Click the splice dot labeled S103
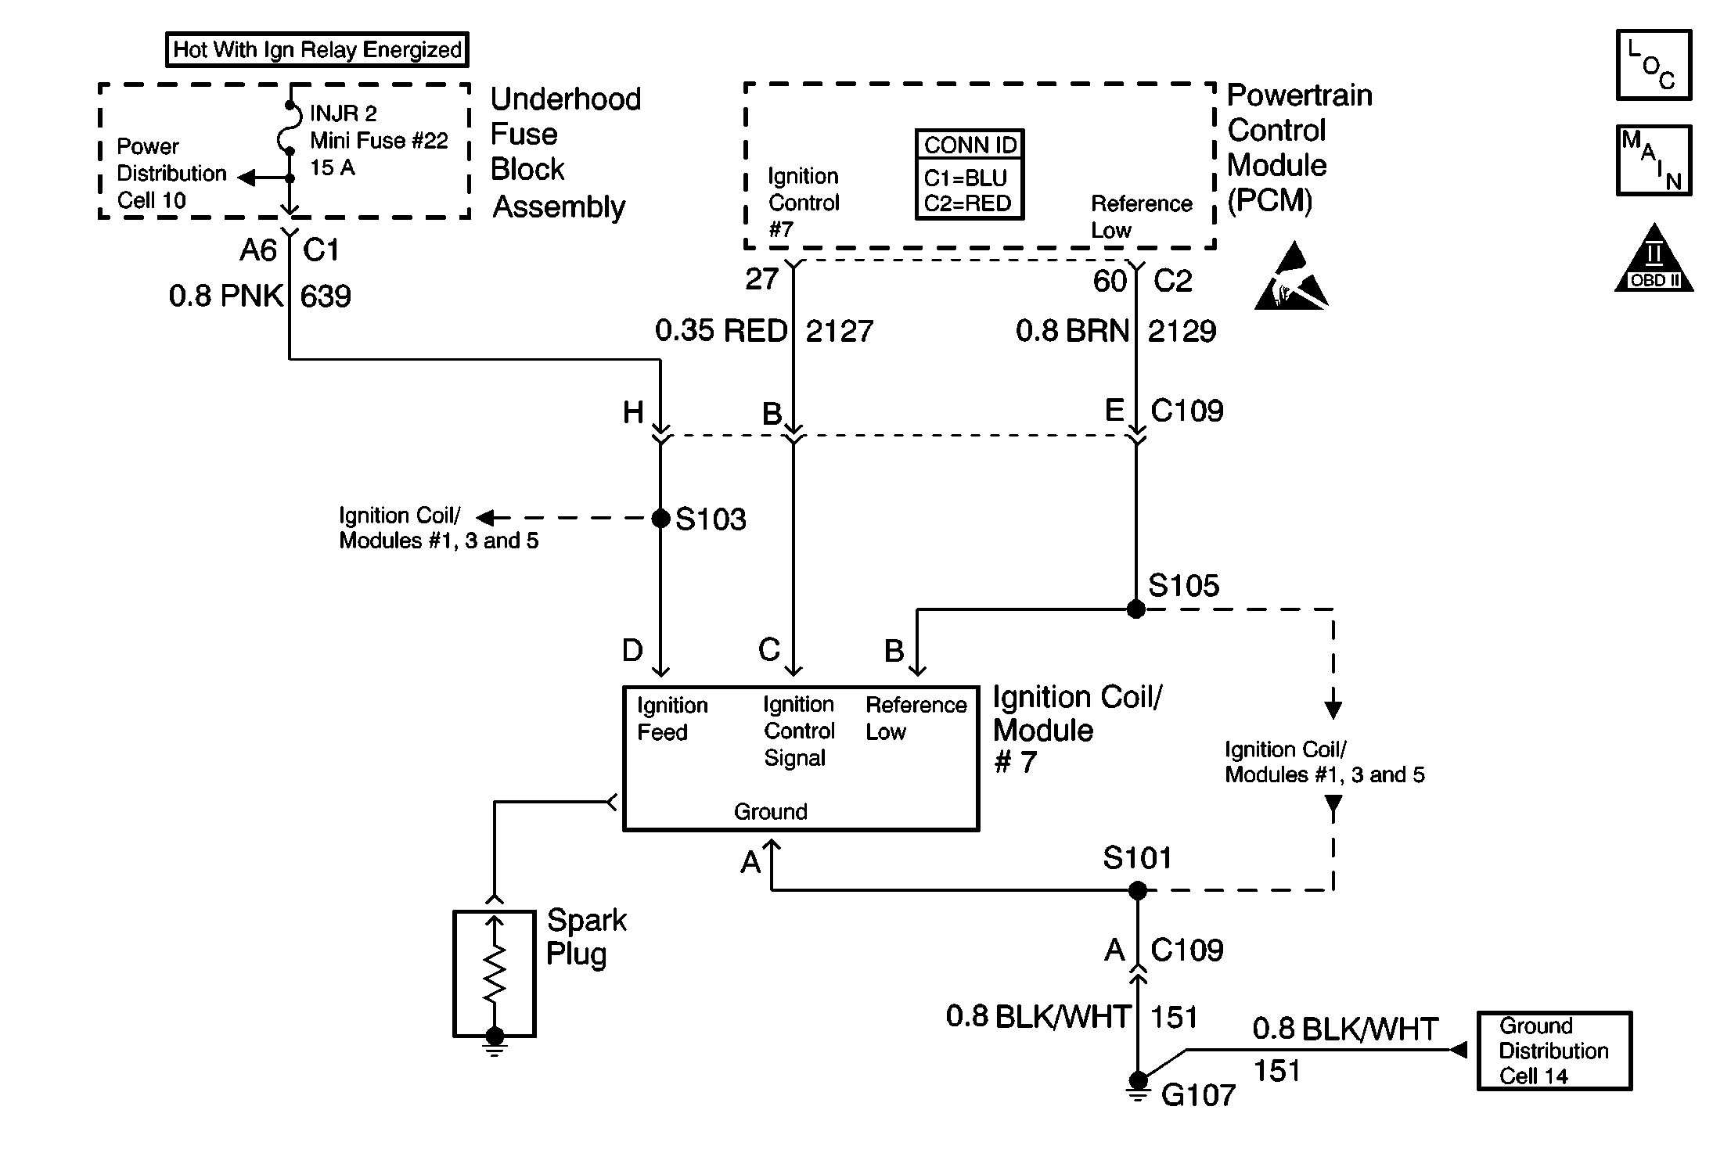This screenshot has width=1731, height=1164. tap(661, 518)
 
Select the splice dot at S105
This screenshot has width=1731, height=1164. tap(1136, 609)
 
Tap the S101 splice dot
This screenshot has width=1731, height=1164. tap(1138, 890)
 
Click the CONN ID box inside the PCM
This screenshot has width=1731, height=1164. tap(970, 174)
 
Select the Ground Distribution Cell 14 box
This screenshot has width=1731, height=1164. tap(1554, 1051)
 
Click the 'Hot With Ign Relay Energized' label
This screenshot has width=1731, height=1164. tap(317, 50)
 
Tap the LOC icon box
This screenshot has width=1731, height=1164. tap(1654, 66)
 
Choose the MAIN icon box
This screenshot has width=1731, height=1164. tap(1654, 160)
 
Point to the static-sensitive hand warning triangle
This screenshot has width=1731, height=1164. tap(1291, 280)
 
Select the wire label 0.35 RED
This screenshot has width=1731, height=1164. tap(721, 331)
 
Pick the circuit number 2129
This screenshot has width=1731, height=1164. tap(1182, 331)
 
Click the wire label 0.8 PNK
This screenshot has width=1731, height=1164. tap(225, 296)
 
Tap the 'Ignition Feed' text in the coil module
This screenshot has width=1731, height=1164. tap(671, 719)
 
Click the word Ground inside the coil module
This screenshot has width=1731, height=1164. tap(770, 812)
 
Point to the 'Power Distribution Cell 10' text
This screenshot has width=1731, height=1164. tap(171, 173)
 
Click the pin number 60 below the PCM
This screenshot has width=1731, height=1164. tap(1110, 281)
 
